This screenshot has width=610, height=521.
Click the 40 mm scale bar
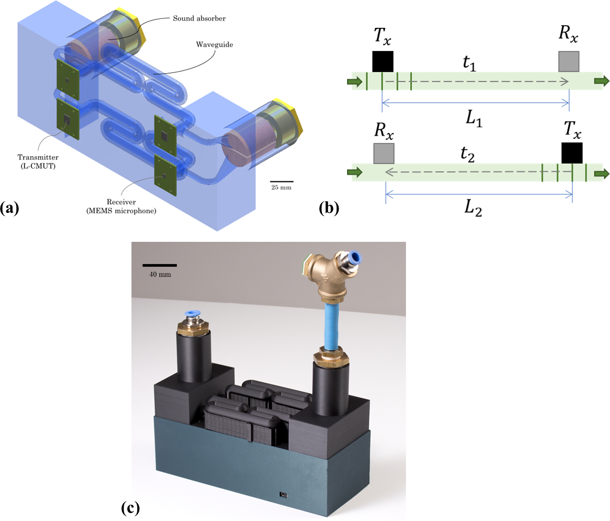pyautogui.click(x=159, y=265)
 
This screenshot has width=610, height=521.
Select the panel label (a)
pyautogui.click(x=9, y=209)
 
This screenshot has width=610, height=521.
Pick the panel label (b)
pyautogui.click(x=329, y=209)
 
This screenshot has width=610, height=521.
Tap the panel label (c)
pyautogui.click(x=130, y=508)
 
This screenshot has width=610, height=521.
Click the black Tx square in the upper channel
pyautogui.click(x=382, y=61)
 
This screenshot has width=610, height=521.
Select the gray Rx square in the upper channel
pyautogui.click(x=569, y=61)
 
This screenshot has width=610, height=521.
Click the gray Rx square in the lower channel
pyautogui.click(x=383, y=152)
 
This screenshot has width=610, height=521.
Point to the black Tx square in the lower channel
pyautogui.click(x=572, y=152)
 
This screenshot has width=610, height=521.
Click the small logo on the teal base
pyautogui.click(x=284, y=495)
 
